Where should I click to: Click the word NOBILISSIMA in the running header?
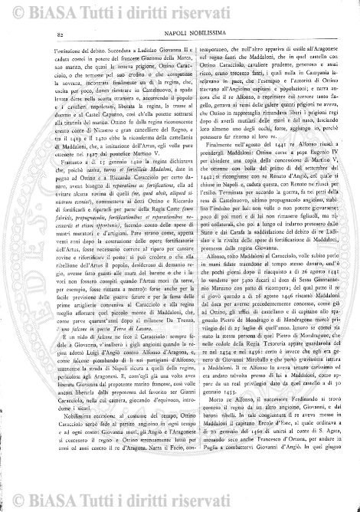(208, 34)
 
